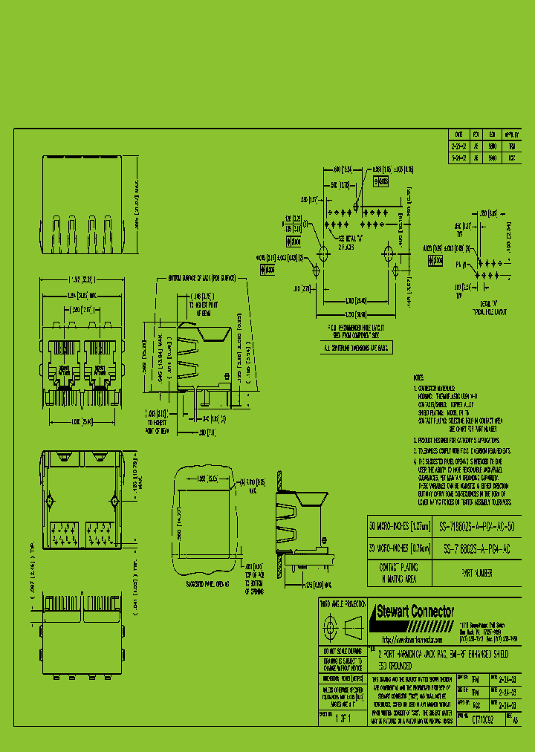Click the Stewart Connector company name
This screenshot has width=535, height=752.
[x=415, y=612]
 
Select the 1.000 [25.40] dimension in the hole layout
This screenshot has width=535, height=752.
[x=357, y=301]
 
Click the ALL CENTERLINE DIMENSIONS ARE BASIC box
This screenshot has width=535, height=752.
[x=357, y=348]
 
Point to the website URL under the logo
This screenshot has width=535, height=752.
[x=412, y=640]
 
